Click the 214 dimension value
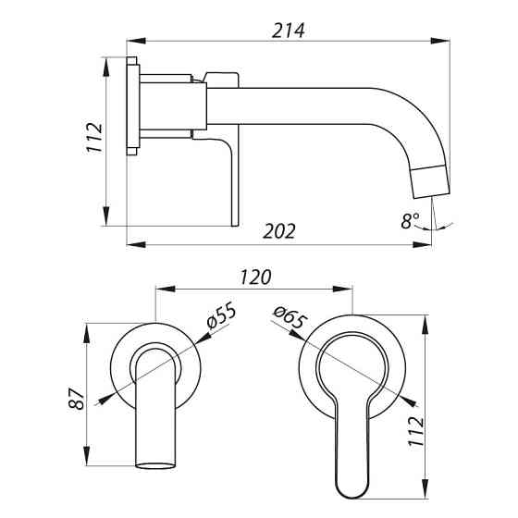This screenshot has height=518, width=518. pyautogui.click(x=288, y=31)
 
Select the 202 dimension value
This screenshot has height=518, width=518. pyautogui.click(x=279, y=231)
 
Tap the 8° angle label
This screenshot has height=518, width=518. pyautogui.click(x=410, y=221)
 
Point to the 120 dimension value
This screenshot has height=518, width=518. pyautogui.click(x=255, y=277)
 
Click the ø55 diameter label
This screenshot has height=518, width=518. pyautogui.click(x=221, y=315)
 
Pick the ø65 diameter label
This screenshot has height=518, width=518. pyautogui.click(x=290, y=317)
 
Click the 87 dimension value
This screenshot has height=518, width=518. pyautogui.click(x=77, y=399)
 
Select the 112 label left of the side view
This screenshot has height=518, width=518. pyautogui.click(x=94, y=138)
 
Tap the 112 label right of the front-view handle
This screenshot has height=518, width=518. pyautogui.click(x=416, y=431)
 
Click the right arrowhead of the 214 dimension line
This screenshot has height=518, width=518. pyautogui.click(x=440, y=41)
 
